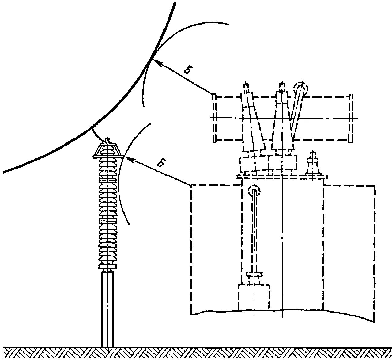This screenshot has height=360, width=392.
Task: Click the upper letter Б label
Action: pos(188,70)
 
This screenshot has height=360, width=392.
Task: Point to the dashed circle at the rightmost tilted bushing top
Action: pos(301,88)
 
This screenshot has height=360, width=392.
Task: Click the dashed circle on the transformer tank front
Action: pos(254,191)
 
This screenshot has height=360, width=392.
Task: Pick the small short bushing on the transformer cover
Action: pos(313,165)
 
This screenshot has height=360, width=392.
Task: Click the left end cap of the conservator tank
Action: pos(215,118)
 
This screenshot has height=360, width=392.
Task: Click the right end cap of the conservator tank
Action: pos(351,118)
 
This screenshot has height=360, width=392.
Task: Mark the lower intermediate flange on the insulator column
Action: pos(107,220)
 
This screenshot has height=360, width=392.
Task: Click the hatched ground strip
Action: pos(196,353)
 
